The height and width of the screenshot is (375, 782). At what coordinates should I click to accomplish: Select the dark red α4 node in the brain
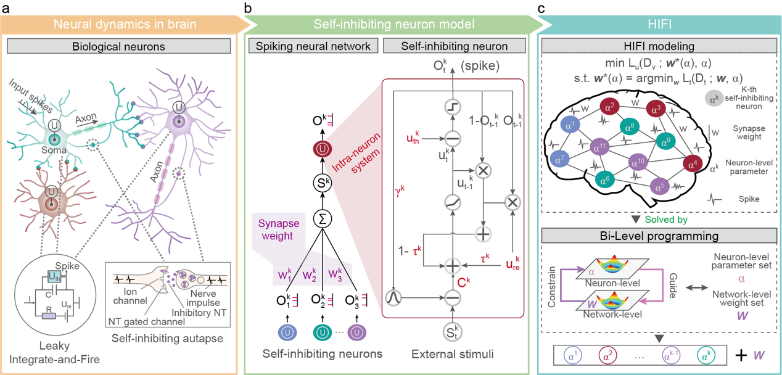click(693, 165)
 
